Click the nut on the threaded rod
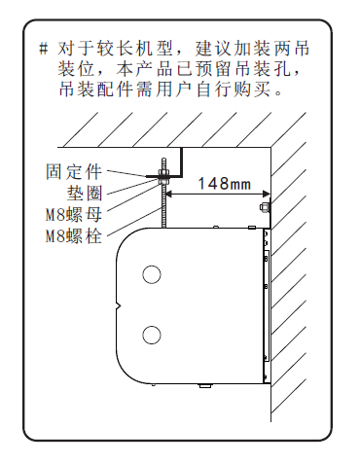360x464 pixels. pos(162,175)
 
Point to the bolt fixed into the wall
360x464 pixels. pos(265,206)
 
